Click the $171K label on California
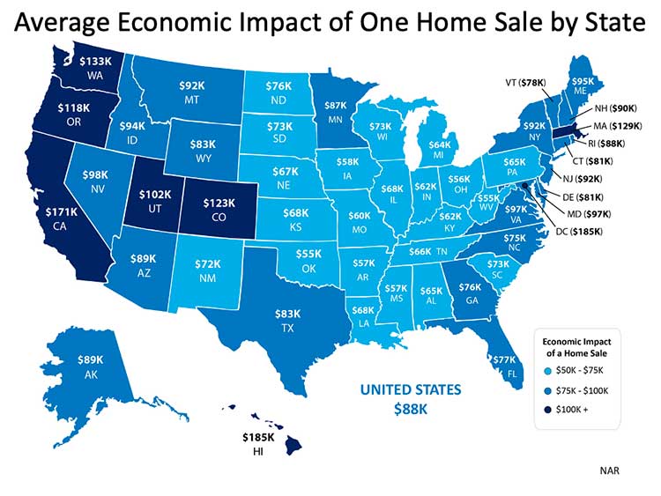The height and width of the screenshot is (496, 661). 63,212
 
